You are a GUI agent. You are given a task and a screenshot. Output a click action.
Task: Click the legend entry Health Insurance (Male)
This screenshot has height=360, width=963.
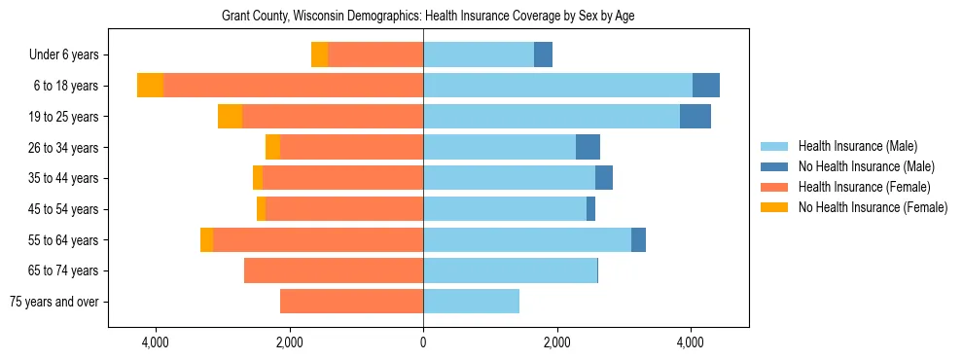tap(857, 146)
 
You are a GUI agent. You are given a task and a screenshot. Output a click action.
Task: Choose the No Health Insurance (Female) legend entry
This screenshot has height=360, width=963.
tap(873, 207)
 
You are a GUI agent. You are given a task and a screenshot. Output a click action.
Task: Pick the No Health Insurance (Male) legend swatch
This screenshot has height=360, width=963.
tap(775, 166)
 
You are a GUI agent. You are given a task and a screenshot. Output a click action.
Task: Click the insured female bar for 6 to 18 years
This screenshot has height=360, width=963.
tap(292, 86)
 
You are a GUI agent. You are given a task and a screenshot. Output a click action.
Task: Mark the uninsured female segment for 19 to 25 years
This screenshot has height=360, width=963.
tap(230, 117)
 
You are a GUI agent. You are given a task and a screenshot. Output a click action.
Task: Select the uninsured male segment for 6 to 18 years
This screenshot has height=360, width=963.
tap(706, 86)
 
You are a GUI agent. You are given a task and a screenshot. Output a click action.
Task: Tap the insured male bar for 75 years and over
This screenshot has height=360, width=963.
tap(471, 302)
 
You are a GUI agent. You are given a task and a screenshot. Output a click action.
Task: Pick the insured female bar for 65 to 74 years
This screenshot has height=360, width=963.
tap(334, 270)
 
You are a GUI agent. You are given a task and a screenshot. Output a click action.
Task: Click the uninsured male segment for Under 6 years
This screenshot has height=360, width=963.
tap(543, 55)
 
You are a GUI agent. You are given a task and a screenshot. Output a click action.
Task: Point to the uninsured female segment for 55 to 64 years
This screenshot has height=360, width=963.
tap(206, 239)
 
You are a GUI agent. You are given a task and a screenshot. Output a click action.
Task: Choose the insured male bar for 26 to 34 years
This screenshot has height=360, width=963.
tap(499, 147)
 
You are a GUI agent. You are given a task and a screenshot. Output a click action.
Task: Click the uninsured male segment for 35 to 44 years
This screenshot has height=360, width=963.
tap(604, 178)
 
